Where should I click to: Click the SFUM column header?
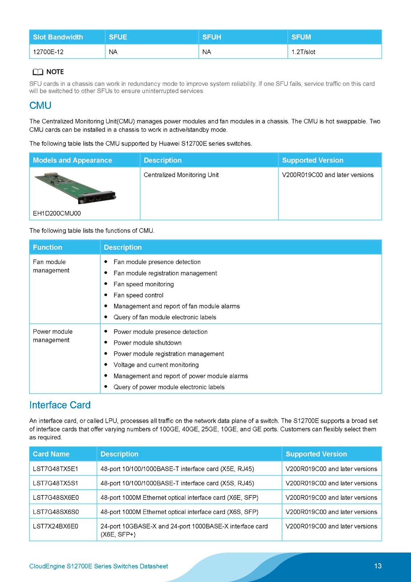click(301, 37)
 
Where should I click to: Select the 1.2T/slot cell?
click(303, 52)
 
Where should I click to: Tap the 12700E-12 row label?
click(48, 52)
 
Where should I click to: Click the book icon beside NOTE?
click(38, 72)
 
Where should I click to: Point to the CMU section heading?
click(40, 105)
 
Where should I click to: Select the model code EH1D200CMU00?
click(57, 214)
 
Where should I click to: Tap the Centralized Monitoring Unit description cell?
click(181, 175)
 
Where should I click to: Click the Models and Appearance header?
click(72, 160)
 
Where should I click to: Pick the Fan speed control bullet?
click(138, 295)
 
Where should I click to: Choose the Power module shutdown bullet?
click(148, 343)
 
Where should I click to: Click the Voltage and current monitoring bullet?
click(156, 365)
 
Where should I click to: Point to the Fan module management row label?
click(51, 266)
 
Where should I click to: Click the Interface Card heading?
click(60, 405)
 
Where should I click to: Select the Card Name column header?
click(51, 454)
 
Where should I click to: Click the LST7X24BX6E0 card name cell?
click(56, 526)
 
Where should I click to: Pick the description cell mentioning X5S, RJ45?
click(177, 483)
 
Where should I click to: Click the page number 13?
click(378, 566)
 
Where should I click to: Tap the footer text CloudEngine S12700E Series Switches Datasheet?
click(98, 566)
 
